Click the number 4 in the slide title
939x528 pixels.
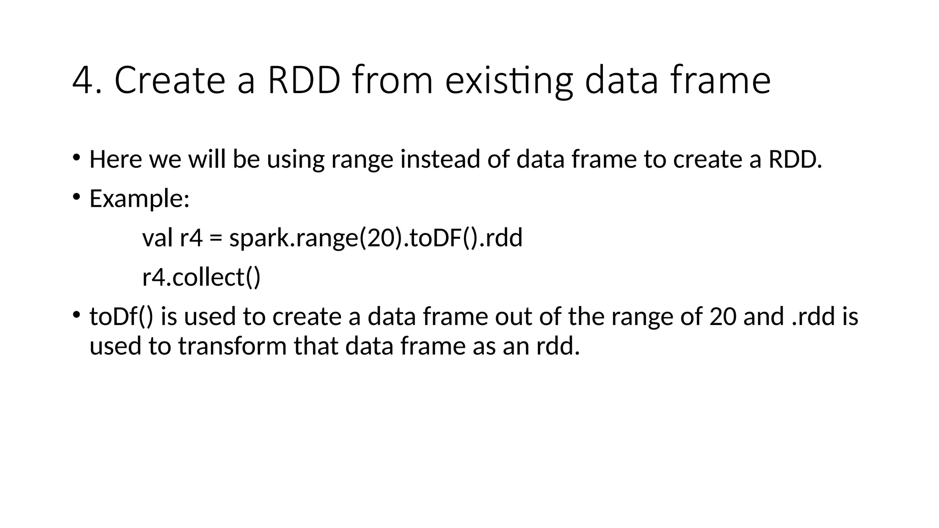pos(83,81)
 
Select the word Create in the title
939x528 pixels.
pos(170,81)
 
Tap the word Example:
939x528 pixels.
pos(139,199)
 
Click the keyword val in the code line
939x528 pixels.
pos(157,238)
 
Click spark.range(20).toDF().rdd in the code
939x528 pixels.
pos(376,238)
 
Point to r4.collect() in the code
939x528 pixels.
pos(201,277)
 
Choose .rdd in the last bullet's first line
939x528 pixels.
pos(814,317)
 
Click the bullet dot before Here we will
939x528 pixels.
pos(76,158)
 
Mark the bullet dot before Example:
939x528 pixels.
pos(76,197)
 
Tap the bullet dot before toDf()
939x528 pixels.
pos(76,315)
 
